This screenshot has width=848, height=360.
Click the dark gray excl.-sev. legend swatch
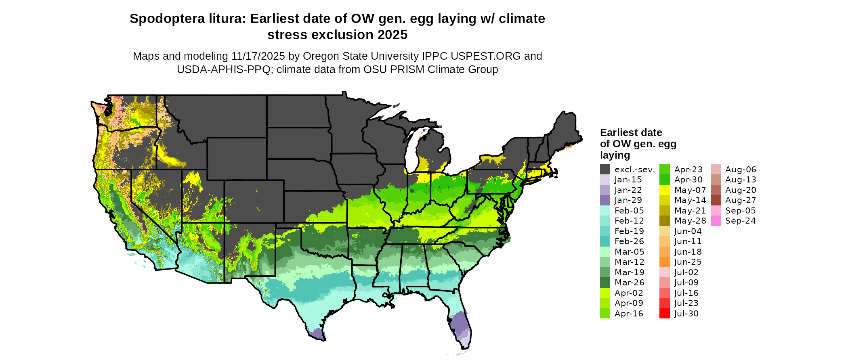(605, 170)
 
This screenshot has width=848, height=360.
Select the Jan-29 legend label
(628, 200)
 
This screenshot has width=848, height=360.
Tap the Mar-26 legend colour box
(605, 283)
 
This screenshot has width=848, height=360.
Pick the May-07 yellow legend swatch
(665, 190)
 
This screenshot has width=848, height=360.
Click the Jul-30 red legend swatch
(665, 314)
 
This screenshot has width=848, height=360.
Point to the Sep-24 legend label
(740, 221)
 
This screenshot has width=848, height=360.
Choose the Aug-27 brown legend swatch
(716, 200)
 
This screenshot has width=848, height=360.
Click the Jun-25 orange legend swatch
(665, 262)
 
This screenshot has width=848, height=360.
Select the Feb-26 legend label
(629, 241)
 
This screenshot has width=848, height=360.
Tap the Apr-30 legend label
(688, 180)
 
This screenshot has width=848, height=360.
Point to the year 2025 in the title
(393, 35)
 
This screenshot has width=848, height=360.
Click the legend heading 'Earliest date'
(631, 132)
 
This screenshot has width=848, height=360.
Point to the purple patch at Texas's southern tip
(317, 333)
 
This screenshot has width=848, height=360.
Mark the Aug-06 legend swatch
(716, 170)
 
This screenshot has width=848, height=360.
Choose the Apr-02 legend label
(629, 293)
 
